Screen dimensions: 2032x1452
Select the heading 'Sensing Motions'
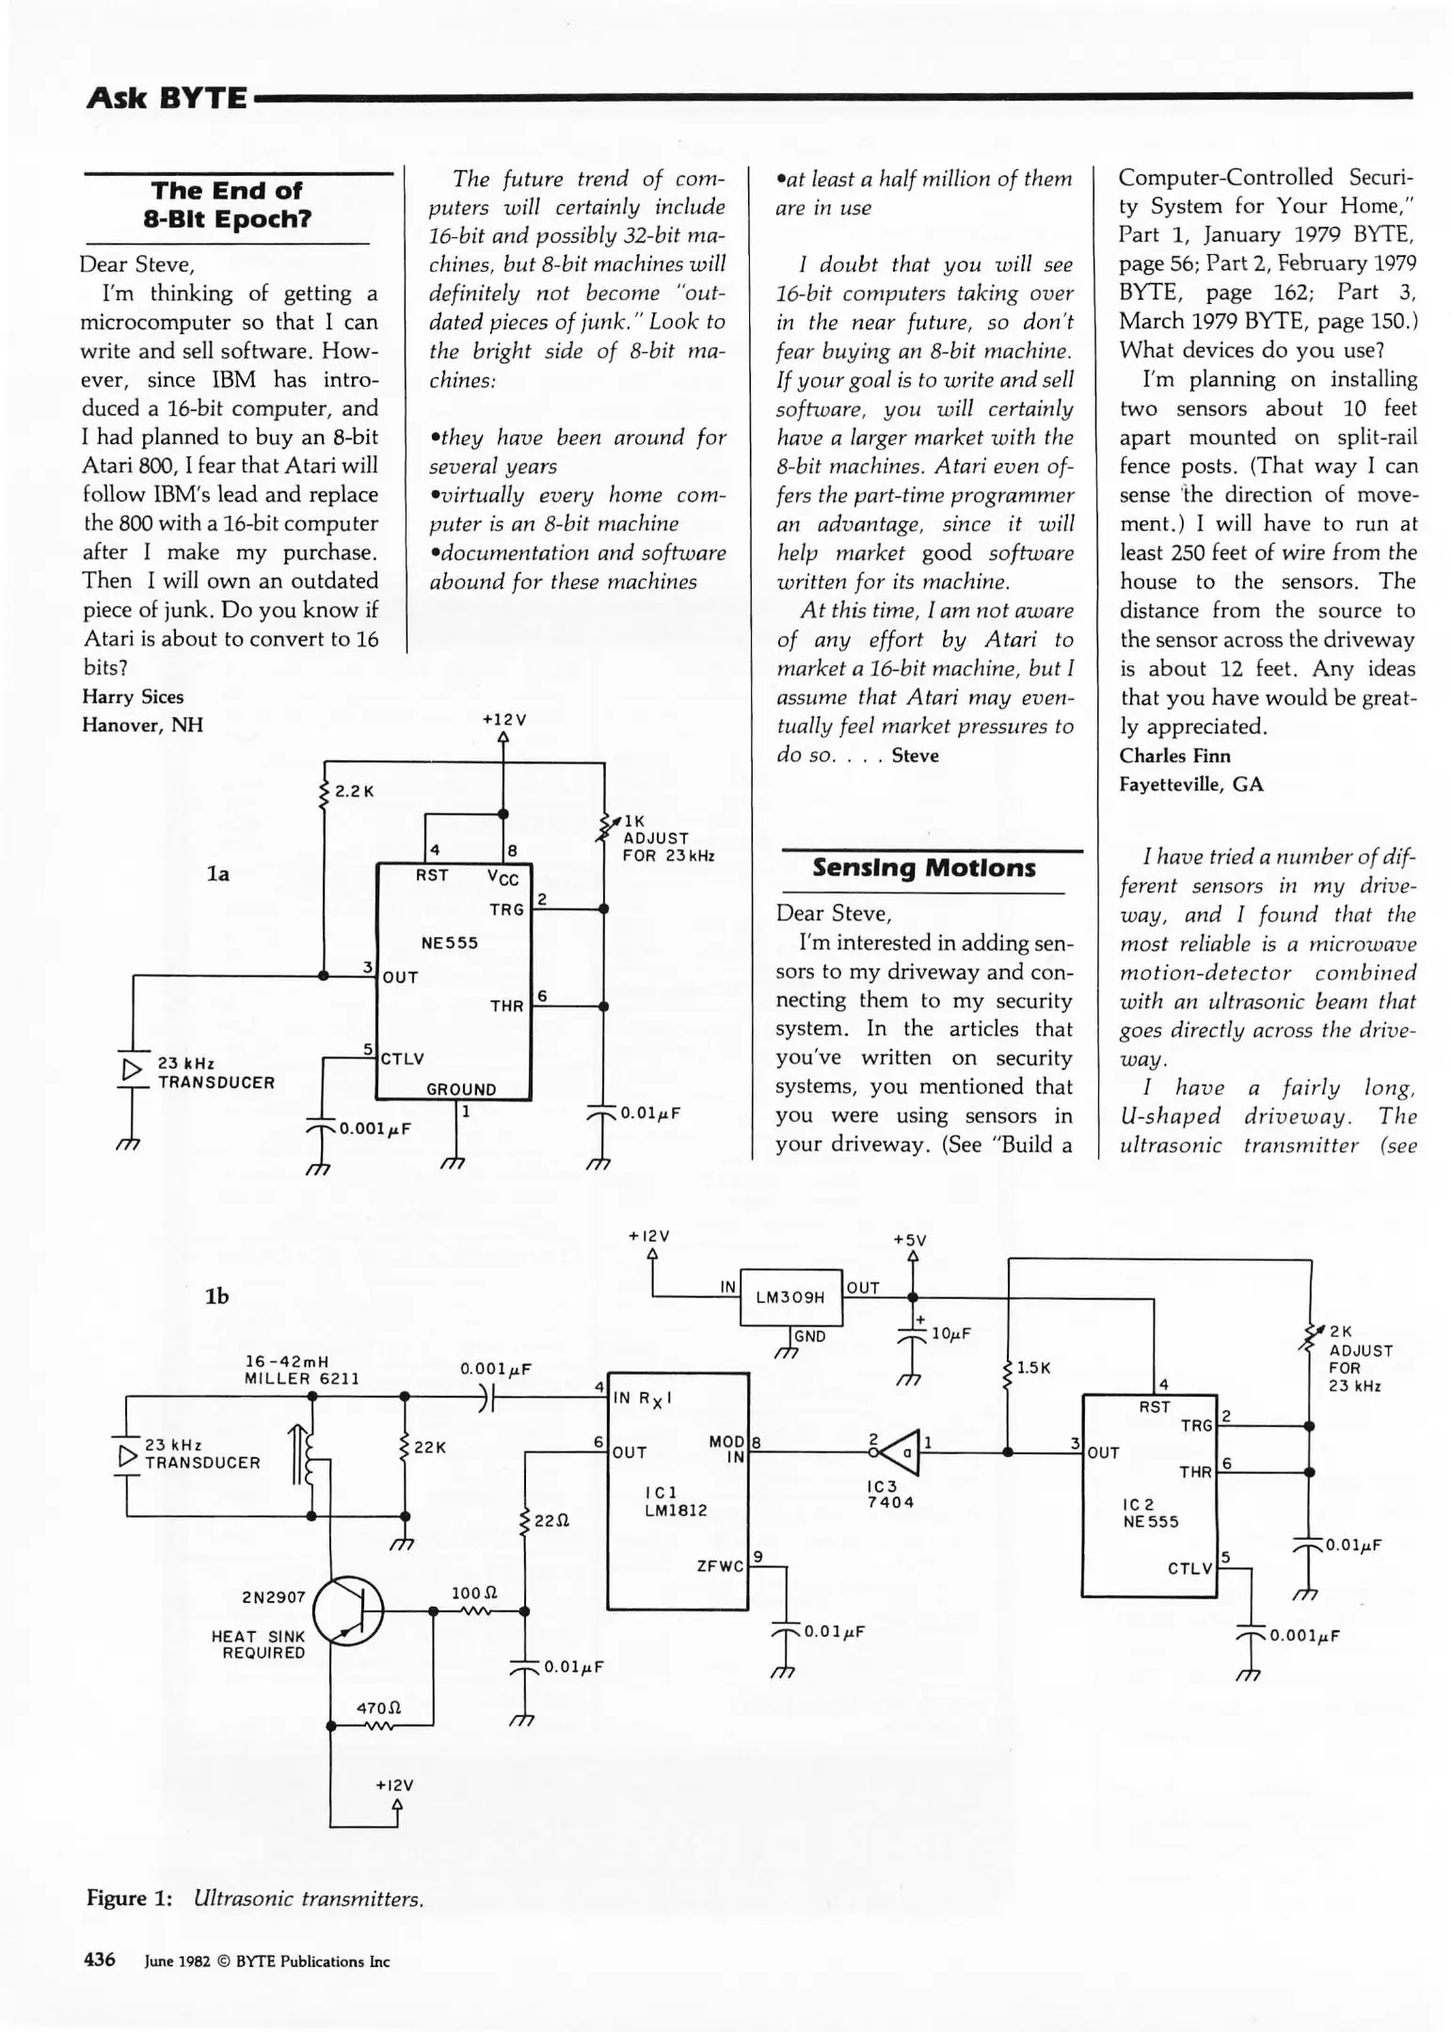[923, 867]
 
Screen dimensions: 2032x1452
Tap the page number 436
[100, 1960]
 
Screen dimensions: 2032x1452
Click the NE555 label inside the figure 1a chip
[449, 943]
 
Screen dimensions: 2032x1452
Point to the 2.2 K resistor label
[355, 791]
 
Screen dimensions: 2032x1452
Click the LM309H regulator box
[790, 1297]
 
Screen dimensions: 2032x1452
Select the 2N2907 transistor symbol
[349, 1611]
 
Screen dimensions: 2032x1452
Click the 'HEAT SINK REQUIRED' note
[258, 1644]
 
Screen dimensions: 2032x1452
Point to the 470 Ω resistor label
[379, 1707]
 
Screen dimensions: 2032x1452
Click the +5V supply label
[910, 1240]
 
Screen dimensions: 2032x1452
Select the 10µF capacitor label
[950, 1333]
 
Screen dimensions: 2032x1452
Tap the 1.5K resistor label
[1033, 1367]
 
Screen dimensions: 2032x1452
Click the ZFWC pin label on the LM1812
[720, 1566]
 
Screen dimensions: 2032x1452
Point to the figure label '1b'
[216, 1296]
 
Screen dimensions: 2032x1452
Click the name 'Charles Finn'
[1174, 755]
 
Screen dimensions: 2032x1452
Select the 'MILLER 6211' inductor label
[301, 1378]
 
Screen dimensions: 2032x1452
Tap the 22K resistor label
[430, 1448]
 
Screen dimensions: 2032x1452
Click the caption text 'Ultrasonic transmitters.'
[308, 1898]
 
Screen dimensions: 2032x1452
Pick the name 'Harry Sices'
[133, 697]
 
